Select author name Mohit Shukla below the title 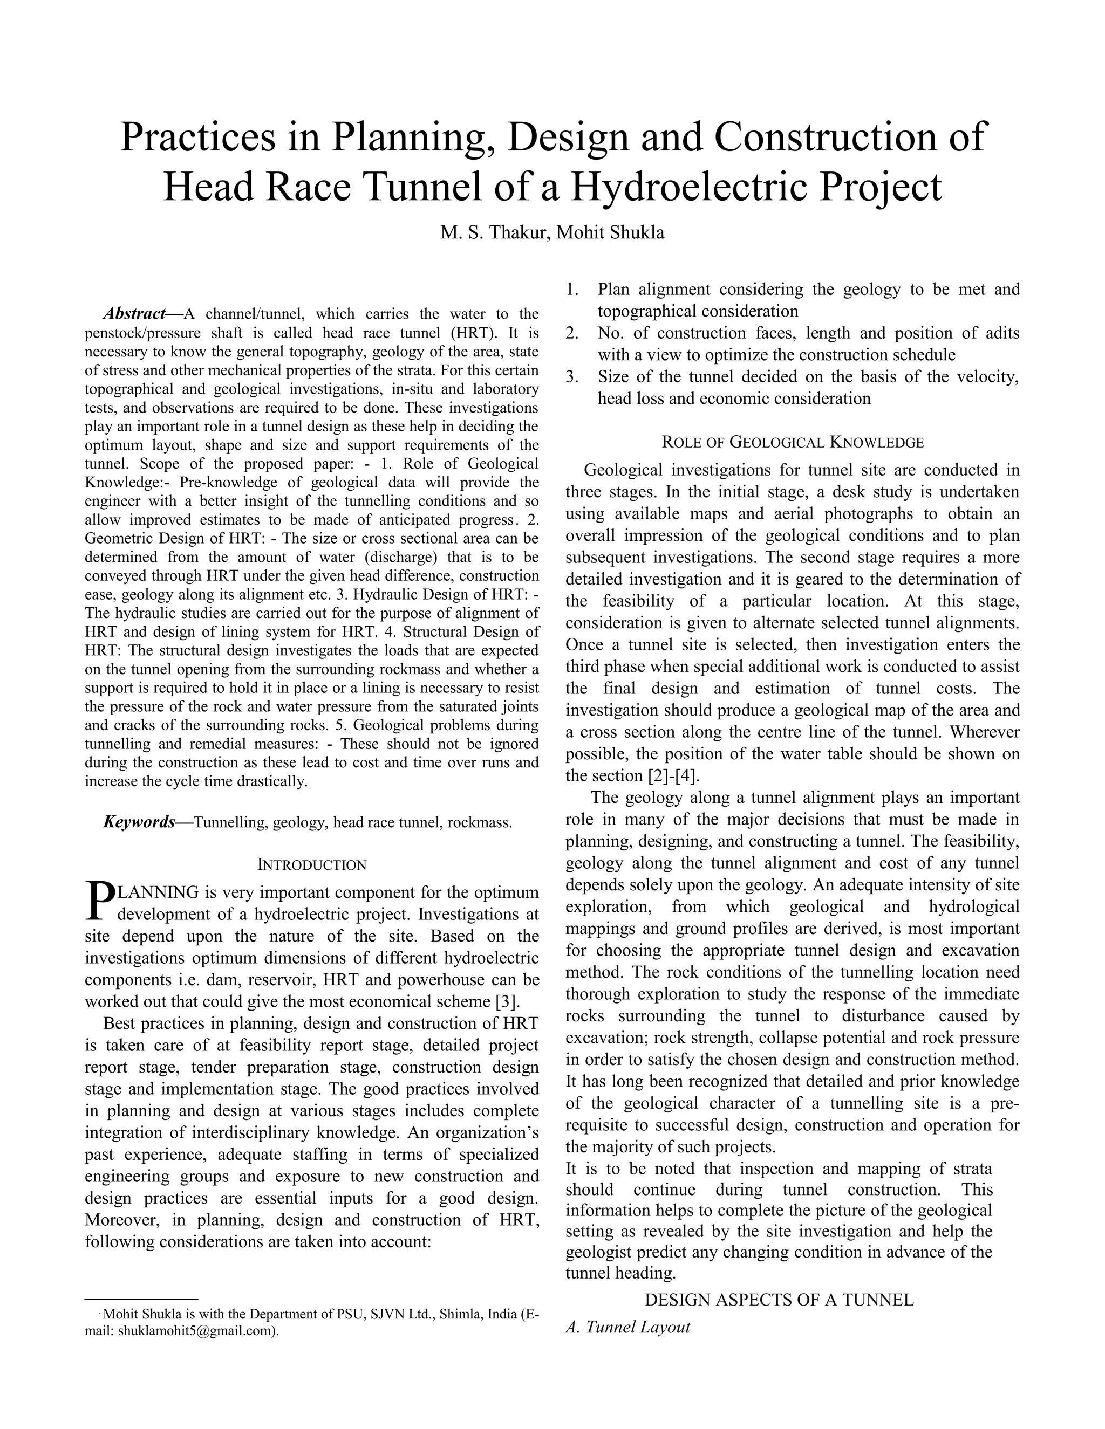(610, 232)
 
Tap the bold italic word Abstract (134, 313)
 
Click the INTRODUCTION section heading (312, 865)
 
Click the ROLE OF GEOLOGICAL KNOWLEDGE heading (793, 442)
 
